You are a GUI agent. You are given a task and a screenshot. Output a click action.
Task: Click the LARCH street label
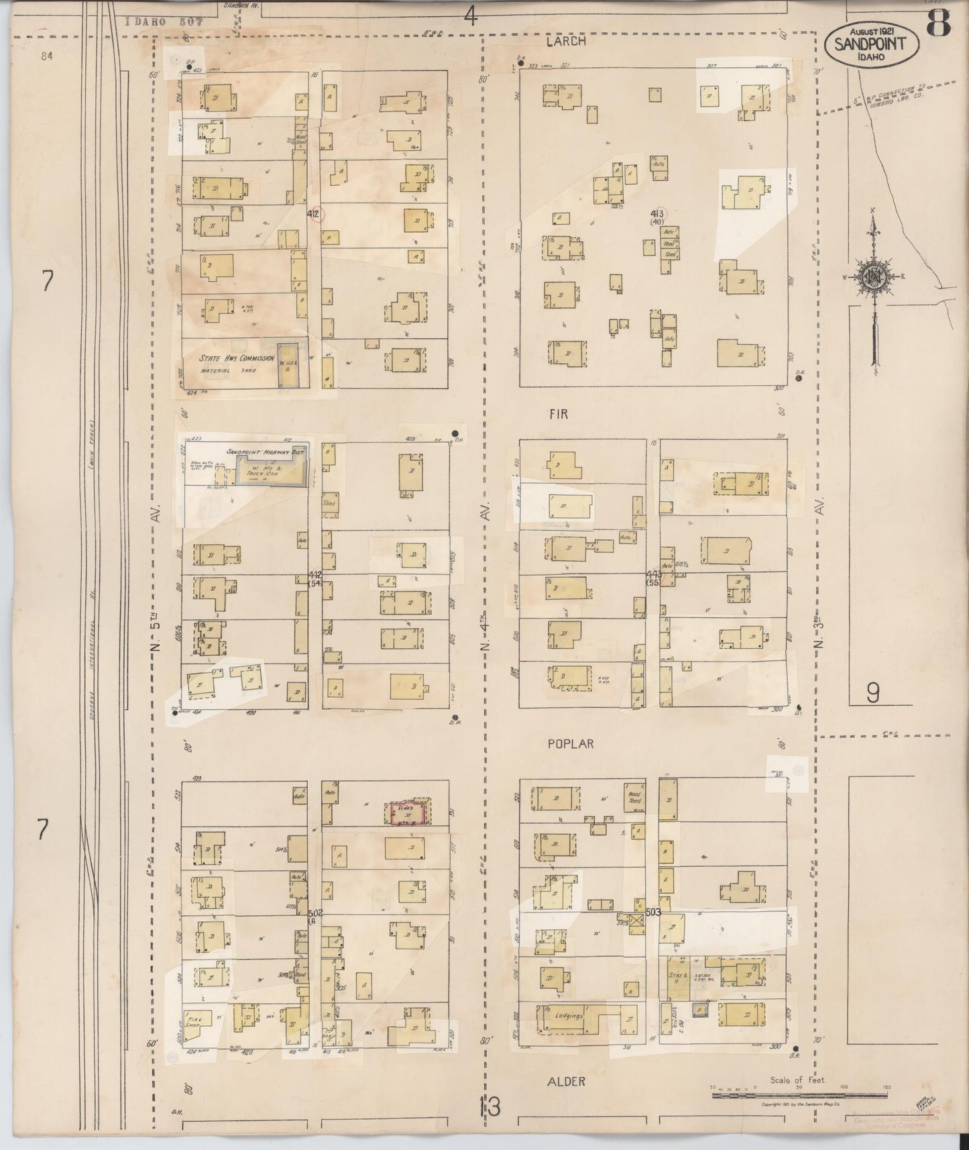[565, 42]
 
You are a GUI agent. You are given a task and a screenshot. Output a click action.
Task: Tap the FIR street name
[557, 415]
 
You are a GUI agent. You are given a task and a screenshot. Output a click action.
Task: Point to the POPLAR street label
[571, 744]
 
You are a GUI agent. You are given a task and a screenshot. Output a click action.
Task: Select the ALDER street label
[565, 1081]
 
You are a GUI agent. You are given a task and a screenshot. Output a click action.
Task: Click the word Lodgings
[568, 1035]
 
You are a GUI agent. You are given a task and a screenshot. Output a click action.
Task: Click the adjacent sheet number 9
[872, 692]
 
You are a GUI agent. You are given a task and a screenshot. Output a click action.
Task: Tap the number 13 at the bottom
[490, 1107]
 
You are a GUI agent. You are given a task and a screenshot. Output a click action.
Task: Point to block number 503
[653, 912]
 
